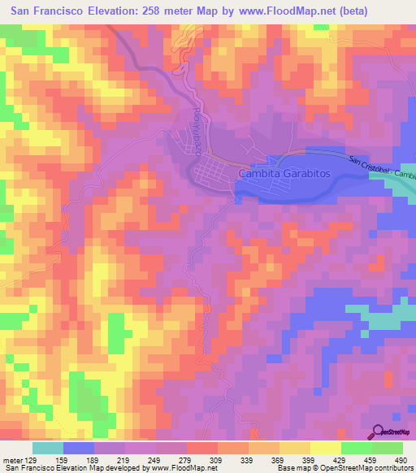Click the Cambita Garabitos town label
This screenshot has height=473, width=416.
[284, 174]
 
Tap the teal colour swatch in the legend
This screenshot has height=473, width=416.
[48, 448]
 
